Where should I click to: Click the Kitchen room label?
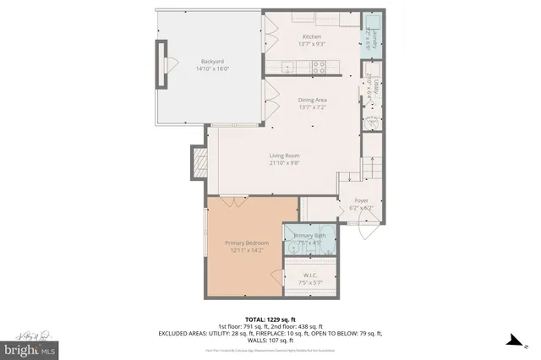(313, 37)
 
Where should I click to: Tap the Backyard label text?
(212, 60)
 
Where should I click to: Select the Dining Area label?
(313, 100)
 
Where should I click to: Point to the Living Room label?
(284, 155)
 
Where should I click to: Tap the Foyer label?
(361, 200)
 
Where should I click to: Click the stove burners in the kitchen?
(320, 65)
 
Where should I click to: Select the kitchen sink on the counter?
(302, 18)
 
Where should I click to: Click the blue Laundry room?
(370, 38)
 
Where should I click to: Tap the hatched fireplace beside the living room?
(199, 162)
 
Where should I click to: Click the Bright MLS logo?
(30, 347)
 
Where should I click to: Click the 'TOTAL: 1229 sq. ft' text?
(270, 318)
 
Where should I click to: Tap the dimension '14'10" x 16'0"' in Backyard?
(212, 68)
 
